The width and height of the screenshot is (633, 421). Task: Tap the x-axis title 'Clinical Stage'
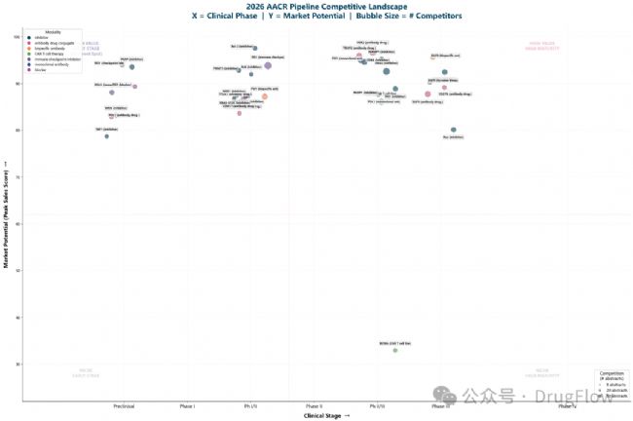tap(326, 415)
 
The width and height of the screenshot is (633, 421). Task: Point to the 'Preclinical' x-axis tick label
tap(124, 404)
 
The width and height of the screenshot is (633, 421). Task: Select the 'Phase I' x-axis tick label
tap(187, 404)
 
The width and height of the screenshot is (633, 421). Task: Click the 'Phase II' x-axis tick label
tap(314, 404)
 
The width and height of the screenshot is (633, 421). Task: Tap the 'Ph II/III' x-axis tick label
tap(376, 404)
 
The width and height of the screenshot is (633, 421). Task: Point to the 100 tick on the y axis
tap(17, 37)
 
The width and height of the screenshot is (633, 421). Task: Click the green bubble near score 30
tap(395, 349)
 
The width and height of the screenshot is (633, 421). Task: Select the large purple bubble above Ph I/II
tap(268, 65)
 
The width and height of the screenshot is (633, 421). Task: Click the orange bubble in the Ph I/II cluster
tap(265, 96)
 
